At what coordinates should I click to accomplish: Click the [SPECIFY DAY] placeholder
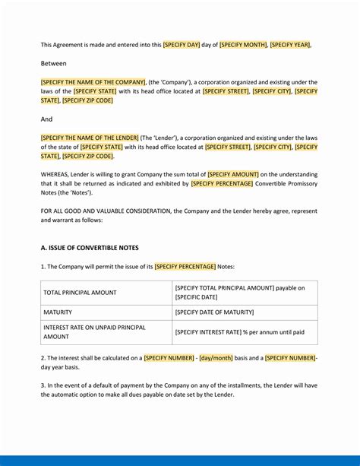point(181,45)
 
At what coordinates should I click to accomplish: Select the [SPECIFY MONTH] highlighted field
point(243,45)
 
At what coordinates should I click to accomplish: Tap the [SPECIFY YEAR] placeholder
point(290,45)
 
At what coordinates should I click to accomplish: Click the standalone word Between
point(54,64)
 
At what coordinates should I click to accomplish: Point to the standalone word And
point(46,119)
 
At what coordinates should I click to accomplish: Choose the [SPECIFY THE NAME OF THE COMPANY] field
point(93,82)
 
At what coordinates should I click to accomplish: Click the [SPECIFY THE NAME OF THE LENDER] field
point(90,138)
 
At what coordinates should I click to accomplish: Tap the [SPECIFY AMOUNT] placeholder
point(233,174)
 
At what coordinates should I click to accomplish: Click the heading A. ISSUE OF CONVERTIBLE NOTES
point(90,248)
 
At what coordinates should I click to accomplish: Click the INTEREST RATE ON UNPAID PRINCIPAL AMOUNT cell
point(94,332)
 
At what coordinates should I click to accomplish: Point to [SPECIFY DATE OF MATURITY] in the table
point(214,312)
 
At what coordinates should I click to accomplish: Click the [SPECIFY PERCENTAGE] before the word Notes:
point(185,267)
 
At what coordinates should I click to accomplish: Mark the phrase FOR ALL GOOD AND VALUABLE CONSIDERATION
point(107,211)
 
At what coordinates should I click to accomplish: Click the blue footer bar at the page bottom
point(180,461)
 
